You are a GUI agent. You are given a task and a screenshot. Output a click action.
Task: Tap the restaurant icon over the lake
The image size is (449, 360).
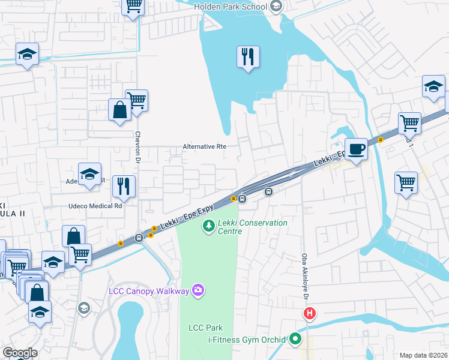pos(248,57)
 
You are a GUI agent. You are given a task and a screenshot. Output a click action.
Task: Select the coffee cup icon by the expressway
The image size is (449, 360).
pos(356,149)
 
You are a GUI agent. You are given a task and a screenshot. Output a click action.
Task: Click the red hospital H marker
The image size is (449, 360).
pos(309,314)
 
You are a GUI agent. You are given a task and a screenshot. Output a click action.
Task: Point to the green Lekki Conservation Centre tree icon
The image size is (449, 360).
pos(208,226)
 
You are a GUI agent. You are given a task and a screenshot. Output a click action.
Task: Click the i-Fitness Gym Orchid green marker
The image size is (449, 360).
pos(294,340)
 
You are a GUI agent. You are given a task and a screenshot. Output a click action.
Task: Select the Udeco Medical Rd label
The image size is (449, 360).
pos(94,205)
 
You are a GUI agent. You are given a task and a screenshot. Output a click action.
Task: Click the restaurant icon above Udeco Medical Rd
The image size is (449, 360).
pos(124,186)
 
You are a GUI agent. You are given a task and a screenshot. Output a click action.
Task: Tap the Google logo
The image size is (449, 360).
pos(19,353)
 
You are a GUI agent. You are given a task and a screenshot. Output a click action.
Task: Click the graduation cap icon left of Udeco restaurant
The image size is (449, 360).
pos(89,174)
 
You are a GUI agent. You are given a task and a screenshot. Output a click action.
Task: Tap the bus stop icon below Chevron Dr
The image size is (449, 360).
pos(139,238)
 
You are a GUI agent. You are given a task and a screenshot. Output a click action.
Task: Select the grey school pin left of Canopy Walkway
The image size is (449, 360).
pos(84,308)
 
